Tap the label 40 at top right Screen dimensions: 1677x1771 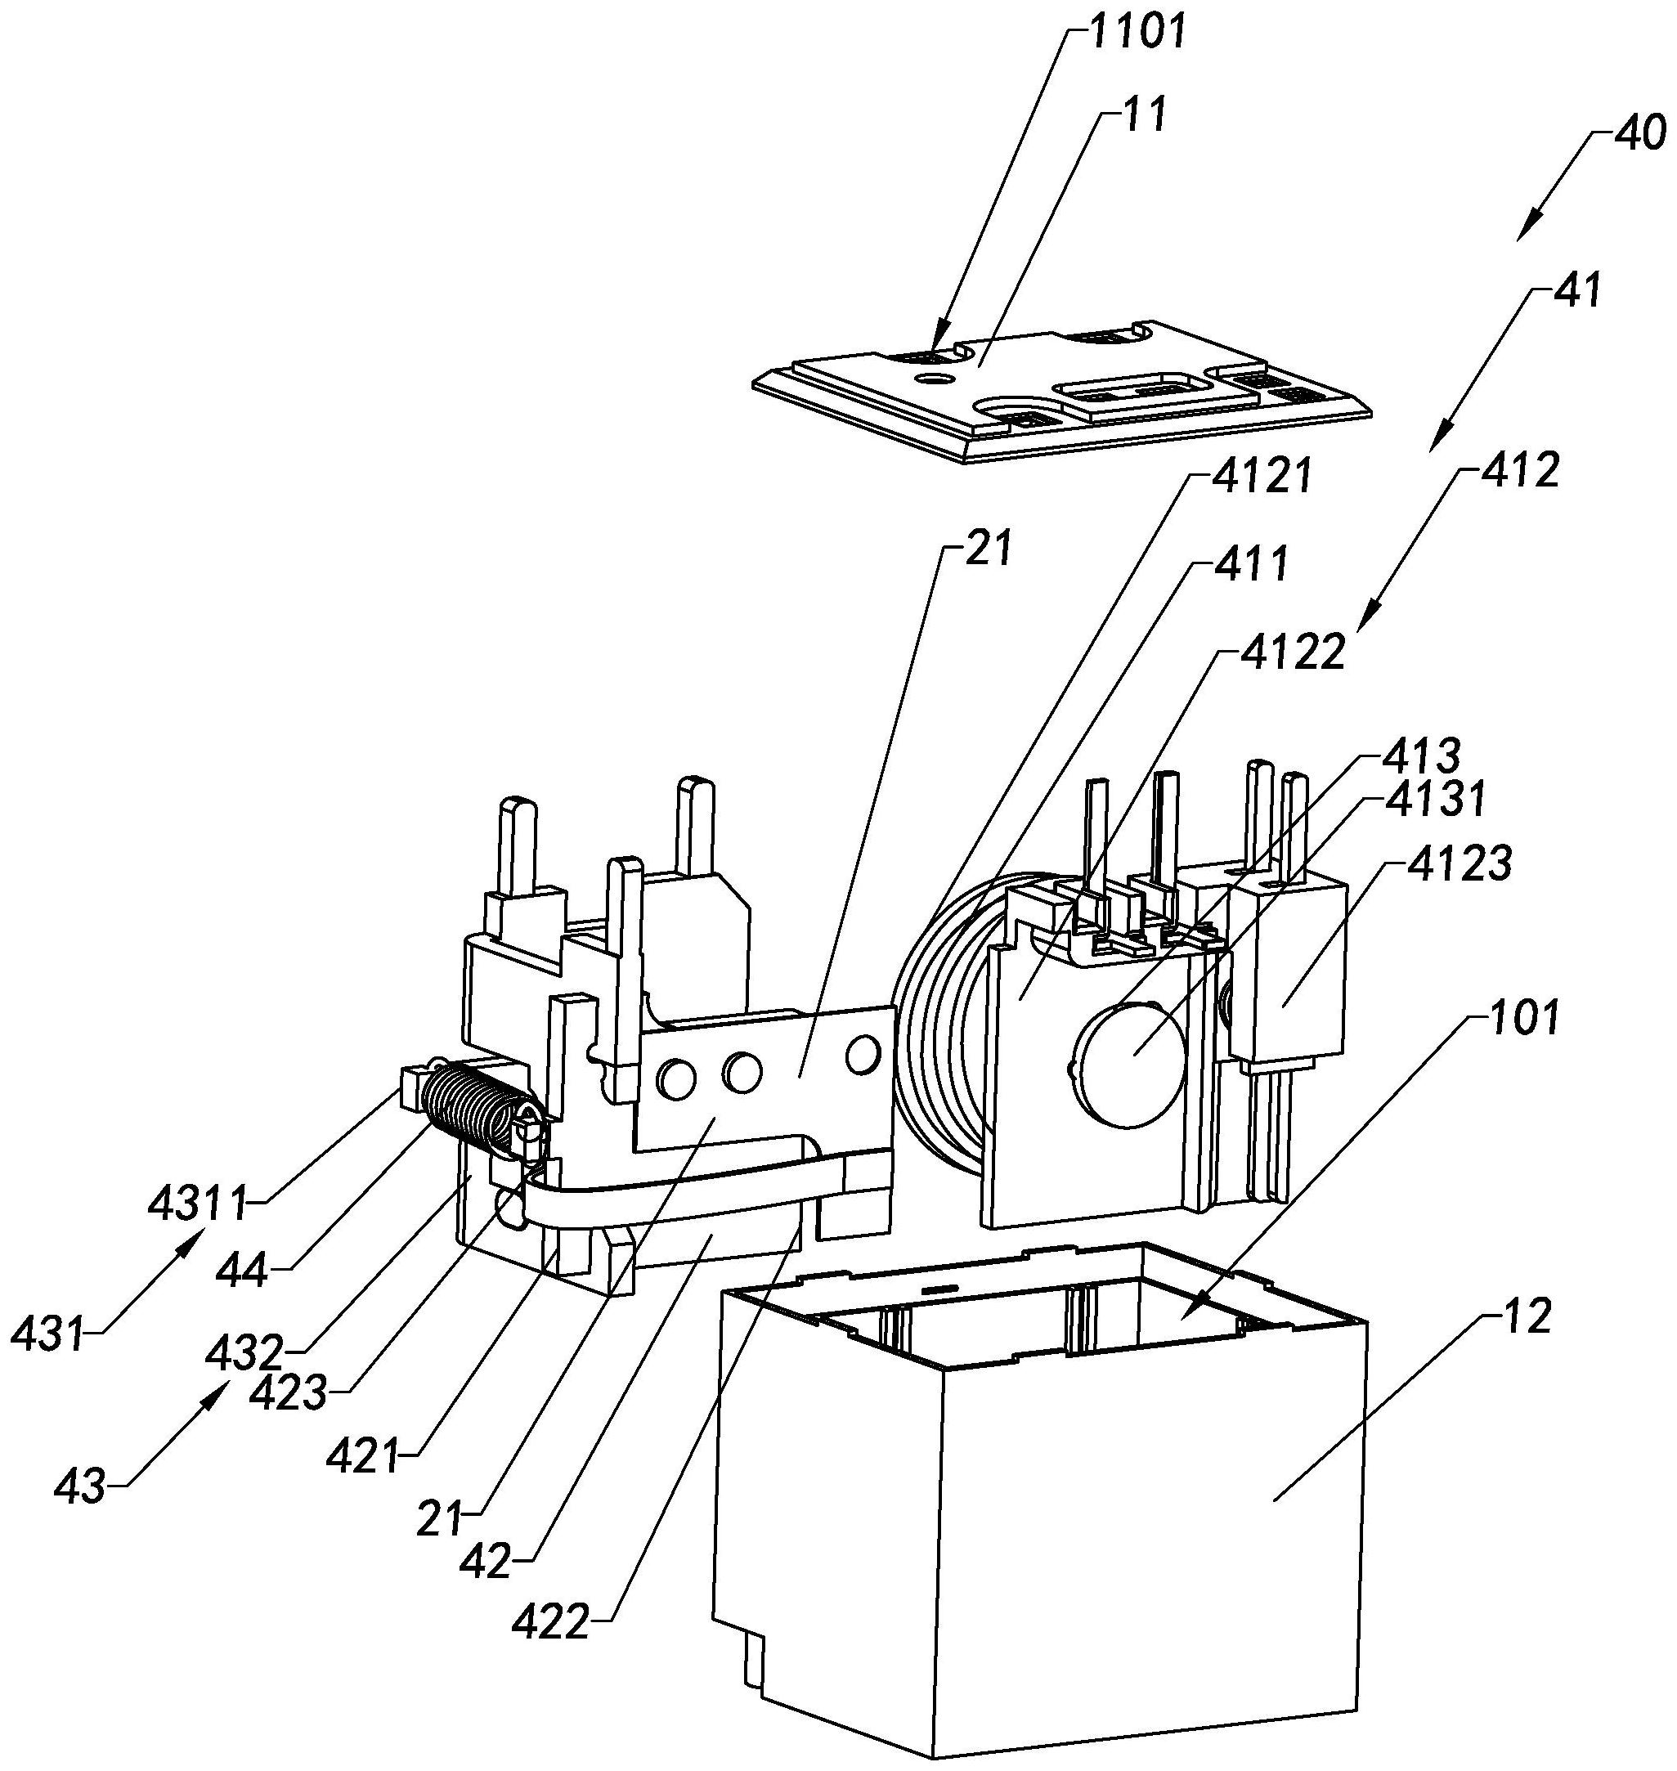tap(1639, 134)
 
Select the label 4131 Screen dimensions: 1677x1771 tap(1433, 798)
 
